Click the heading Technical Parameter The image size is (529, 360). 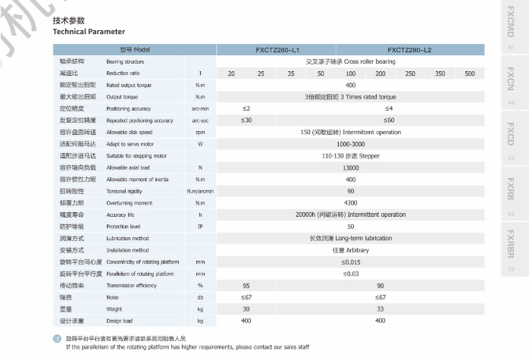[89, 33]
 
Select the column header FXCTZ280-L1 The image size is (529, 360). [277, 49]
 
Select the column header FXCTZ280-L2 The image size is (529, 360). [409, 49]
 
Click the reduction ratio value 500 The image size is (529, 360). [470, 74]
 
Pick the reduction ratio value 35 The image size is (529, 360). [290, 74]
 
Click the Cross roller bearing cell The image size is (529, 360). [350, 61]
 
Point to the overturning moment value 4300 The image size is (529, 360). [350, 203]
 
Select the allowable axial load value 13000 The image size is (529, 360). [350, 167]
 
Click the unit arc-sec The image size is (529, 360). [200, 121]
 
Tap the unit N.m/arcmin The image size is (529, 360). [200, 192]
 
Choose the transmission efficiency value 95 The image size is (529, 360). [246, 286]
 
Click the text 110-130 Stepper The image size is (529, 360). [350, 155]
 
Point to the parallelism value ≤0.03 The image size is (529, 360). [350, 274]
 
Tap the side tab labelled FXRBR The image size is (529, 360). [510, 247]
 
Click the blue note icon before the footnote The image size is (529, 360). [56, 338]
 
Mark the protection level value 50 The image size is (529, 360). [350, 227]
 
